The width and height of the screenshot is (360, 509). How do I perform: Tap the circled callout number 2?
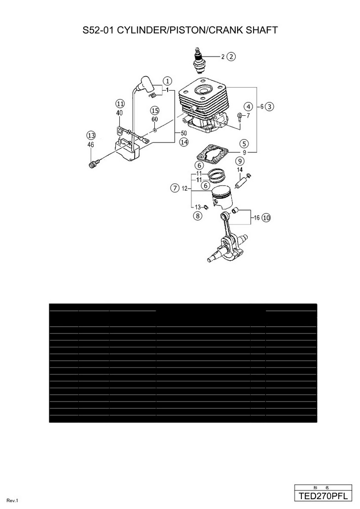(x=231, y=57)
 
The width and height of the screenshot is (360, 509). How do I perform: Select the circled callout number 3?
(x=269, y=106)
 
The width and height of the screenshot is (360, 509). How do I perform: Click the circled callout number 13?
(x=91, y=136)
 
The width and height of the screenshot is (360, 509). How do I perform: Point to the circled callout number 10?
(x=266, y=217)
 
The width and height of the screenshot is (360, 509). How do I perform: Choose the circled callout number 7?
(x=174, y=188)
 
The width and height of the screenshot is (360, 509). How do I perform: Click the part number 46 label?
(x=91, y=145)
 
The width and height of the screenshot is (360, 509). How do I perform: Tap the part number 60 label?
(x=155, y=119)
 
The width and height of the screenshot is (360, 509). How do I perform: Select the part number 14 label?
(x=240, y=170)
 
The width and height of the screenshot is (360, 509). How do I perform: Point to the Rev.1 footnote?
(x=12, y=501)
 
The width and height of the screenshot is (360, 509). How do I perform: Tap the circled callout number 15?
(x=155, y=110)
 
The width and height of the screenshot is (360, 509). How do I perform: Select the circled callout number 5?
(x=244, y=144)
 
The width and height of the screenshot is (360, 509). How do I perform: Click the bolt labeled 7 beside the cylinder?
(x=239, y=117)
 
